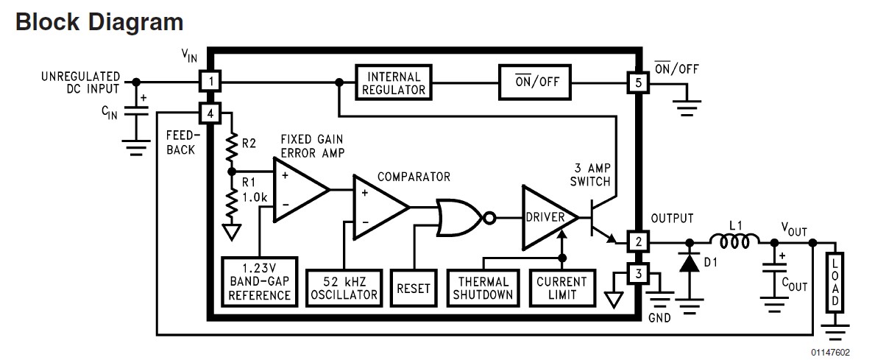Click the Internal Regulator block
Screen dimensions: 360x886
[x=394, y=82]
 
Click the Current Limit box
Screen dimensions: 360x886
[x=561, y=288]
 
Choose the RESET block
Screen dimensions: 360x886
[x=413, y=288]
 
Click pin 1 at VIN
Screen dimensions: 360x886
[x=211, y=82]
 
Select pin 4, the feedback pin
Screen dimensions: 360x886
[x=211, y=113]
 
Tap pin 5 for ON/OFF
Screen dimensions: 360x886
[x=637, y=82]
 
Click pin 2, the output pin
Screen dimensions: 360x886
[x=637, y=241]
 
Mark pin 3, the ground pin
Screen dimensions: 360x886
[x=637, y=275]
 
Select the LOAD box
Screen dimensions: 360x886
[x=834, y=283]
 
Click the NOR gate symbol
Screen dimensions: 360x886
[x=460, y=218]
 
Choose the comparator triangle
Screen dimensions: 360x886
[x=378, y=207]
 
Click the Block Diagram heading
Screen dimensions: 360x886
[x=99, y=22]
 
